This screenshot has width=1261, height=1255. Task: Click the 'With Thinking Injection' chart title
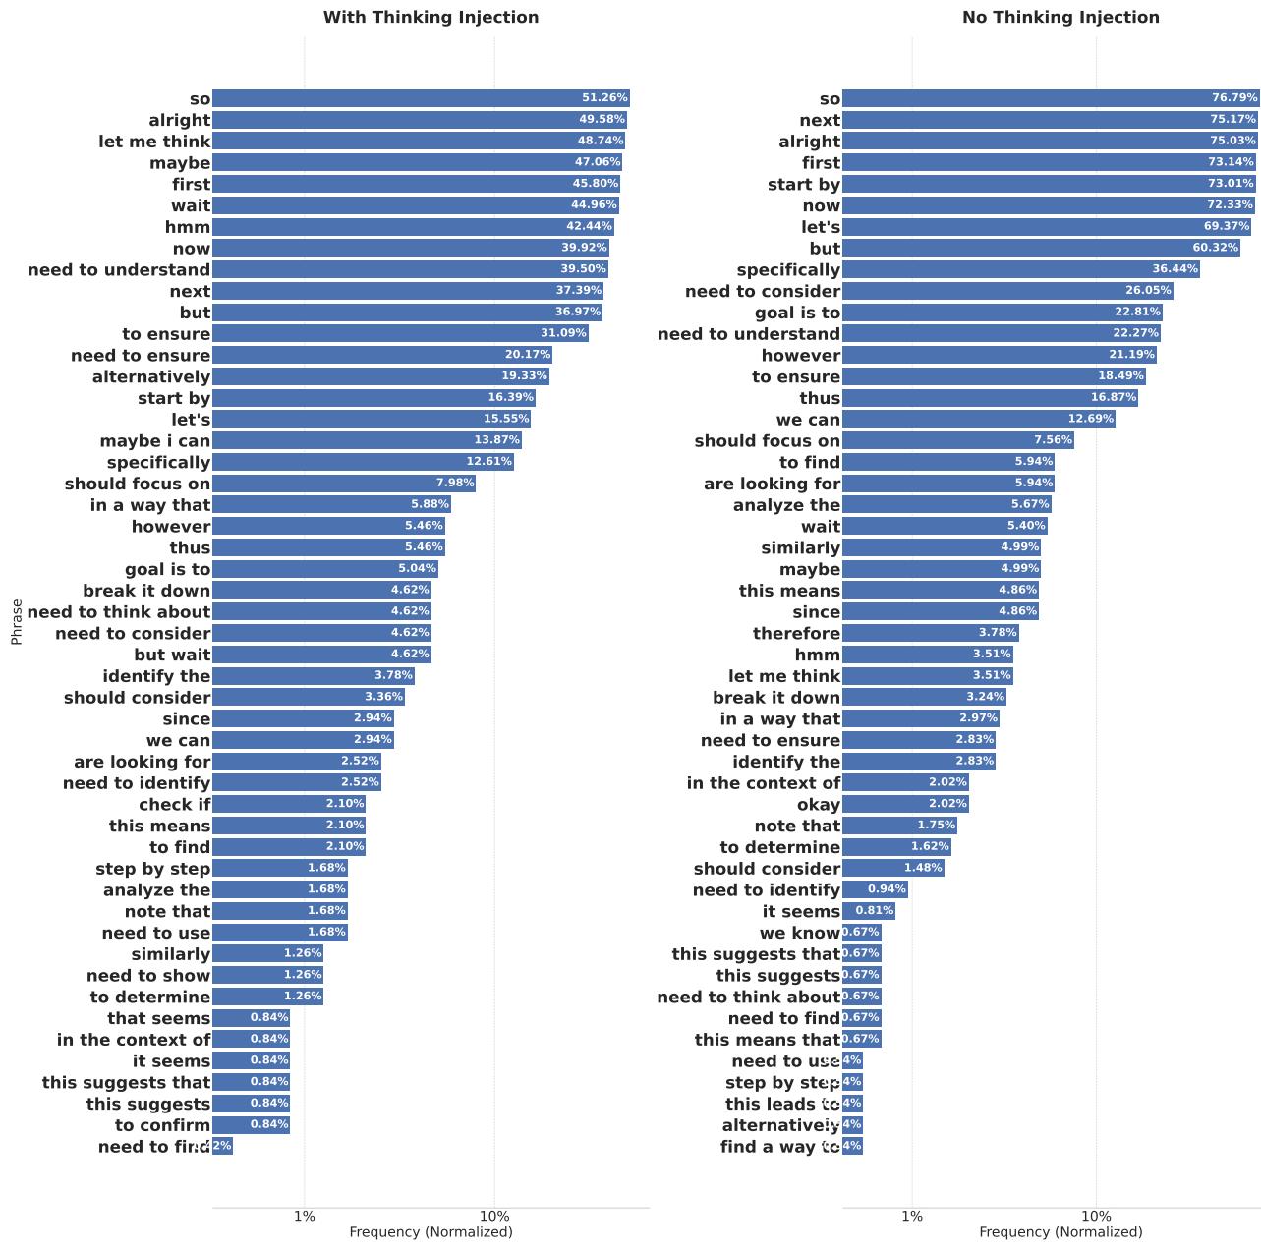click(x=430, y=17)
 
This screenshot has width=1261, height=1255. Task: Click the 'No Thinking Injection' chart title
click(x=1060, y=17)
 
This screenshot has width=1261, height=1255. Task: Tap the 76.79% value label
click(x=1233, y=98)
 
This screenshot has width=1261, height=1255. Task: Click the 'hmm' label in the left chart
click(x=188, y=227)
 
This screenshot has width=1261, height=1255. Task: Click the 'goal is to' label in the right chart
click(x=797, y=313)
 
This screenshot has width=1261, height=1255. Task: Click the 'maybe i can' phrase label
click(x=155, y=441)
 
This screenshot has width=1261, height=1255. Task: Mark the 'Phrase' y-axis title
click(x=17, y=621)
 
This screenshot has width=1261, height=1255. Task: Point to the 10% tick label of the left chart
click(x=494, y=1217)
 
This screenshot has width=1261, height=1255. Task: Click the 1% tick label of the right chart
click(x=912, y=1217)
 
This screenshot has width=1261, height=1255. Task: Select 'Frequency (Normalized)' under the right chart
click(x=1060, y=1232)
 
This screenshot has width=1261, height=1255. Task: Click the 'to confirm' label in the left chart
click(x=162, y=1125)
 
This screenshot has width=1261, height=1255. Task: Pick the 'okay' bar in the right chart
click(x=904, y=804)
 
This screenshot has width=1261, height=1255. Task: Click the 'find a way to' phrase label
click(x=780, y=1147)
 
